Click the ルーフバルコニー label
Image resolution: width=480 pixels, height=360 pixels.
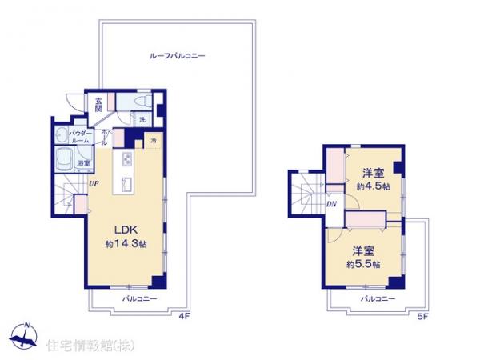[x=178, y=56]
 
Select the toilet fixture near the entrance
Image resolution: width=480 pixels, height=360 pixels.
[x=139, y=102]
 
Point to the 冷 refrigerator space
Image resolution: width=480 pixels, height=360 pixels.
[x=152, y=141]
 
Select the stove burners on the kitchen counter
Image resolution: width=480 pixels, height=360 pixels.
[x=126, y=160]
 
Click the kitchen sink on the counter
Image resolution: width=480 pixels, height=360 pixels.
[x=126, y=184]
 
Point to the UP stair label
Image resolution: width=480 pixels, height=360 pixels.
[x=94, y=184]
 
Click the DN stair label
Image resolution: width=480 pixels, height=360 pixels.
[x=331, y=205]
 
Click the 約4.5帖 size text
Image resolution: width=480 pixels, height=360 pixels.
[x=373, y=186]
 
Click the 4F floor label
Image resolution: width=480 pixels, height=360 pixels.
[x=183, y=317]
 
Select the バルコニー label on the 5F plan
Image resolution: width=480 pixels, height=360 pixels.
[x=377, y=298]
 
